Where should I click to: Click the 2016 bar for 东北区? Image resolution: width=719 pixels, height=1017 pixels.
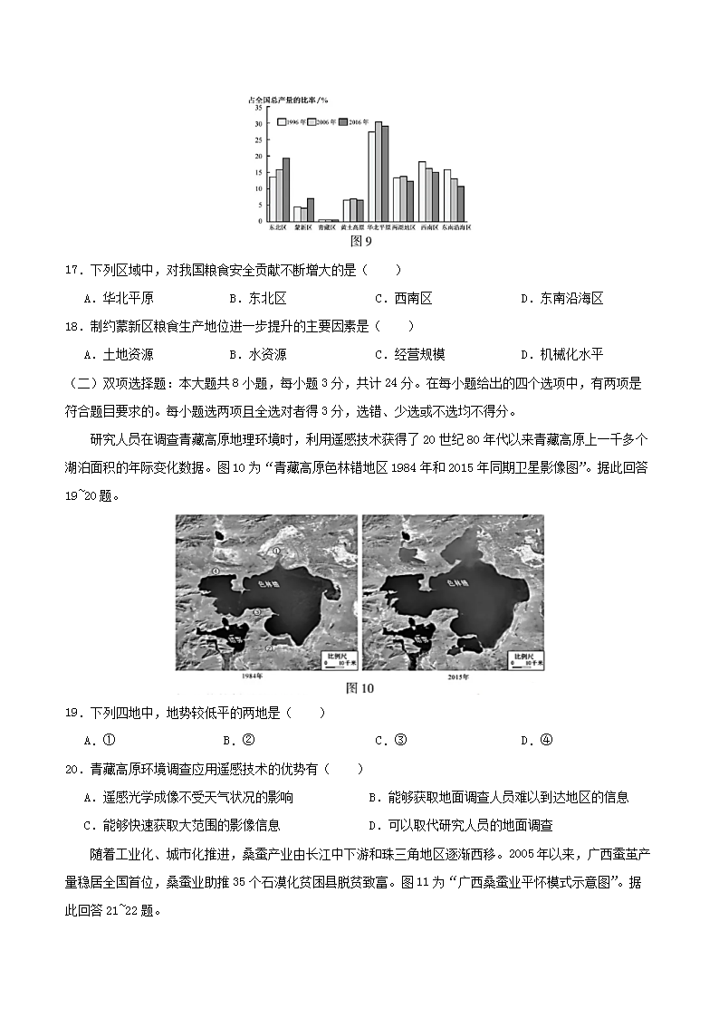click(x=286, y=189)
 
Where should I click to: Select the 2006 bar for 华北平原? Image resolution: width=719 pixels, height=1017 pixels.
click(x=379, y=171)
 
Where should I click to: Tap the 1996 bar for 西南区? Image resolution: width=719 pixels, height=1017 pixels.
click(x=421, y=191)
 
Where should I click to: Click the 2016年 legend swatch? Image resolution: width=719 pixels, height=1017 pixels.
click(x=342, y=120)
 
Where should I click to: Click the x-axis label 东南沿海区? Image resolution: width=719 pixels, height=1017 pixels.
click(x=456, y=228)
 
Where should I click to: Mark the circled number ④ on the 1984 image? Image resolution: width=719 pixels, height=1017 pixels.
click(x=268, y=648)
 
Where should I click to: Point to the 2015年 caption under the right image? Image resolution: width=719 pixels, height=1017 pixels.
click(x=452, y=676)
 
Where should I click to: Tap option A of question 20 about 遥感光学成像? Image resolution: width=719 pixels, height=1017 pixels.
click(x=187, y=797)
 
